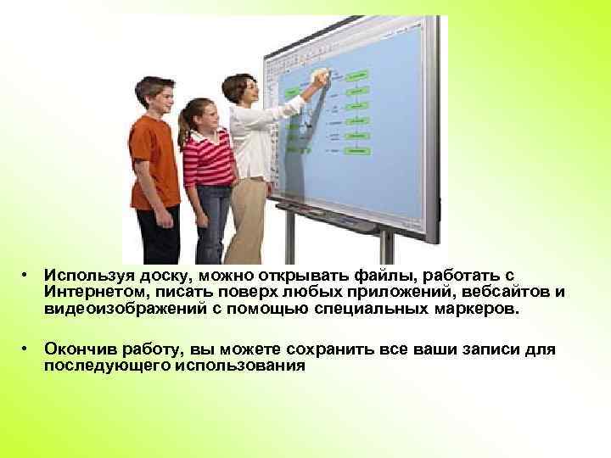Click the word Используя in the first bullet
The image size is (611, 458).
click(x=84, y=276)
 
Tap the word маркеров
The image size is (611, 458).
click(x=471, y=309)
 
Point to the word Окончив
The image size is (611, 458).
click(x=79, y=349)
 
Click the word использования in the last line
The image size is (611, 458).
click(x=245, y=366)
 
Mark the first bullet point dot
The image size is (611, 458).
click(x=28, y=276)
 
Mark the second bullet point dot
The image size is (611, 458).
click(x=28, y=349)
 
